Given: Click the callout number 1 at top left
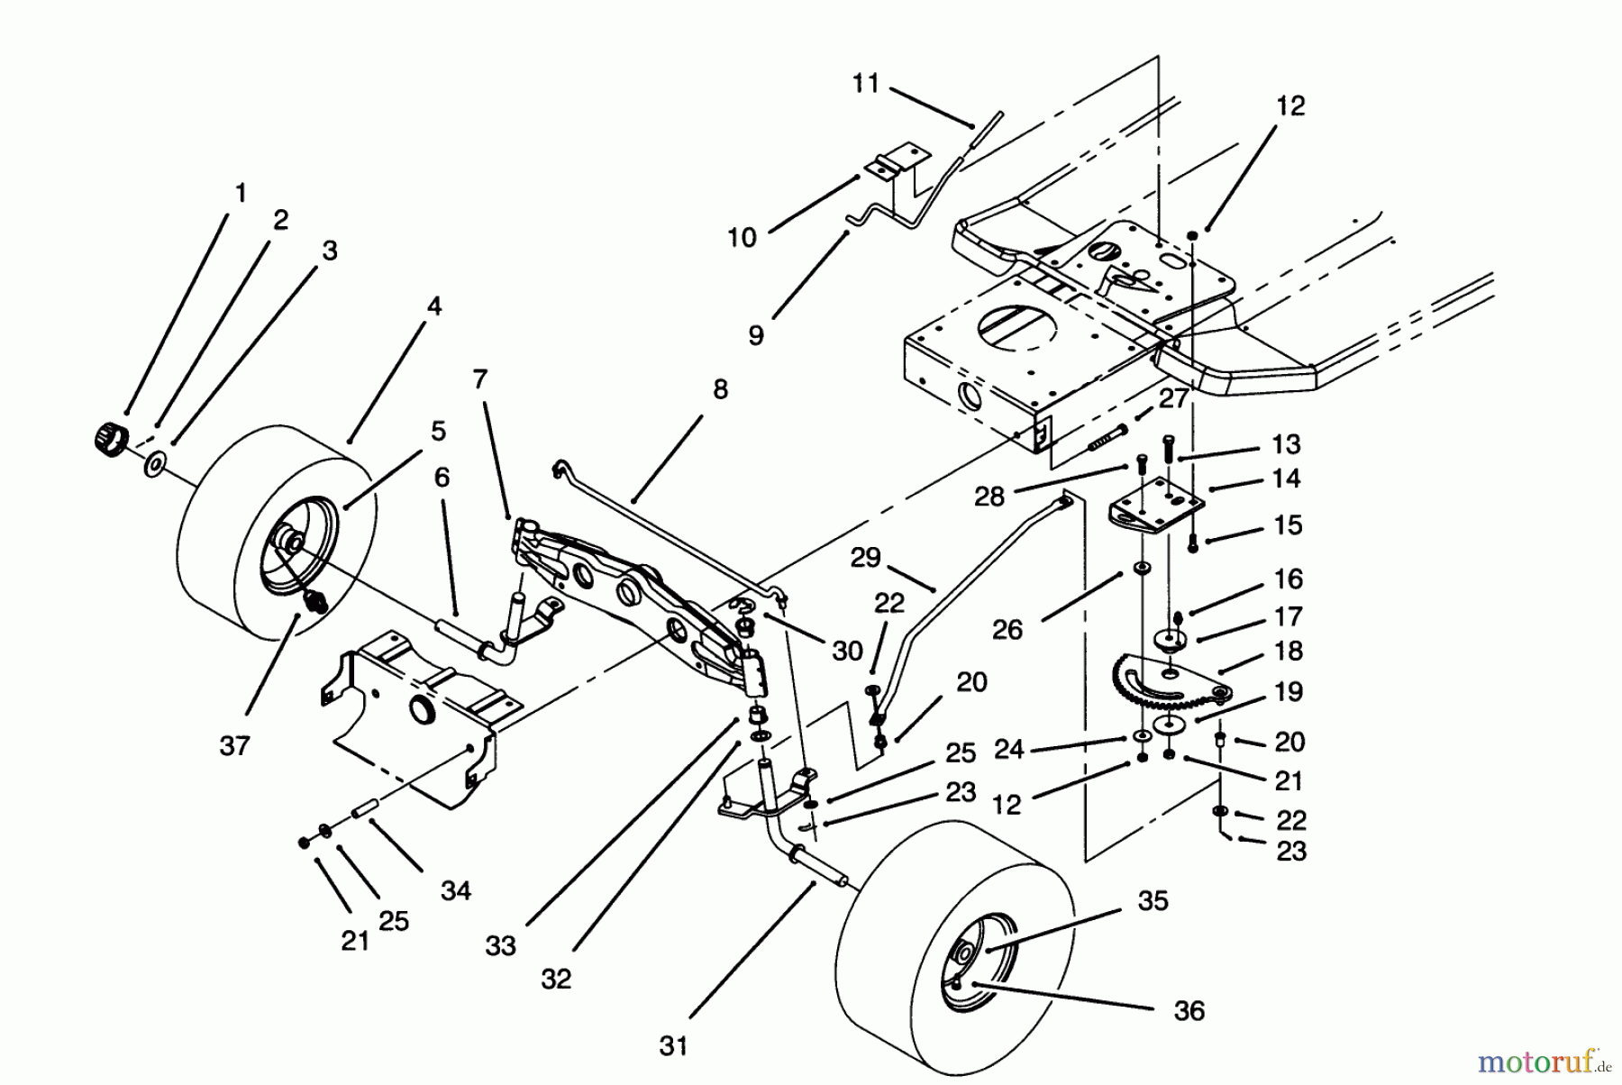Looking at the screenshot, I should pos(241,193).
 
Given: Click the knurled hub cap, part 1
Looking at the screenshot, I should pos(108,439).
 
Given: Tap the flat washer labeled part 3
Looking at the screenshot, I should pos(155,465).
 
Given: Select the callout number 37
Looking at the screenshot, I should pos(234,746).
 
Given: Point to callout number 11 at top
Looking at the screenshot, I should pos(866,84).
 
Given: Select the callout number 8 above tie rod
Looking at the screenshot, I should pos(719,390).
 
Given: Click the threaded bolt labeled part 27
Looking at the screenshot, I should pos(1098,440).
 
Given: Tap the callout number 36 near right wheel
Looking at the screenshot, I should pos(1189,1011).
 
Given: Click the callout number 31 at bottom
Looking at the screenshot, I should pos(673,1046).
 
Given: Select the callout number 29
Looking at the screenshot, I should pos(865,558).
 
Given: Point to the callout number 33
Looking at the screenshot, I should pos(500,945).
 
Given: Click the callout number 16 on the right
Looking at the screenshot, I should pos(1289,579).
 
